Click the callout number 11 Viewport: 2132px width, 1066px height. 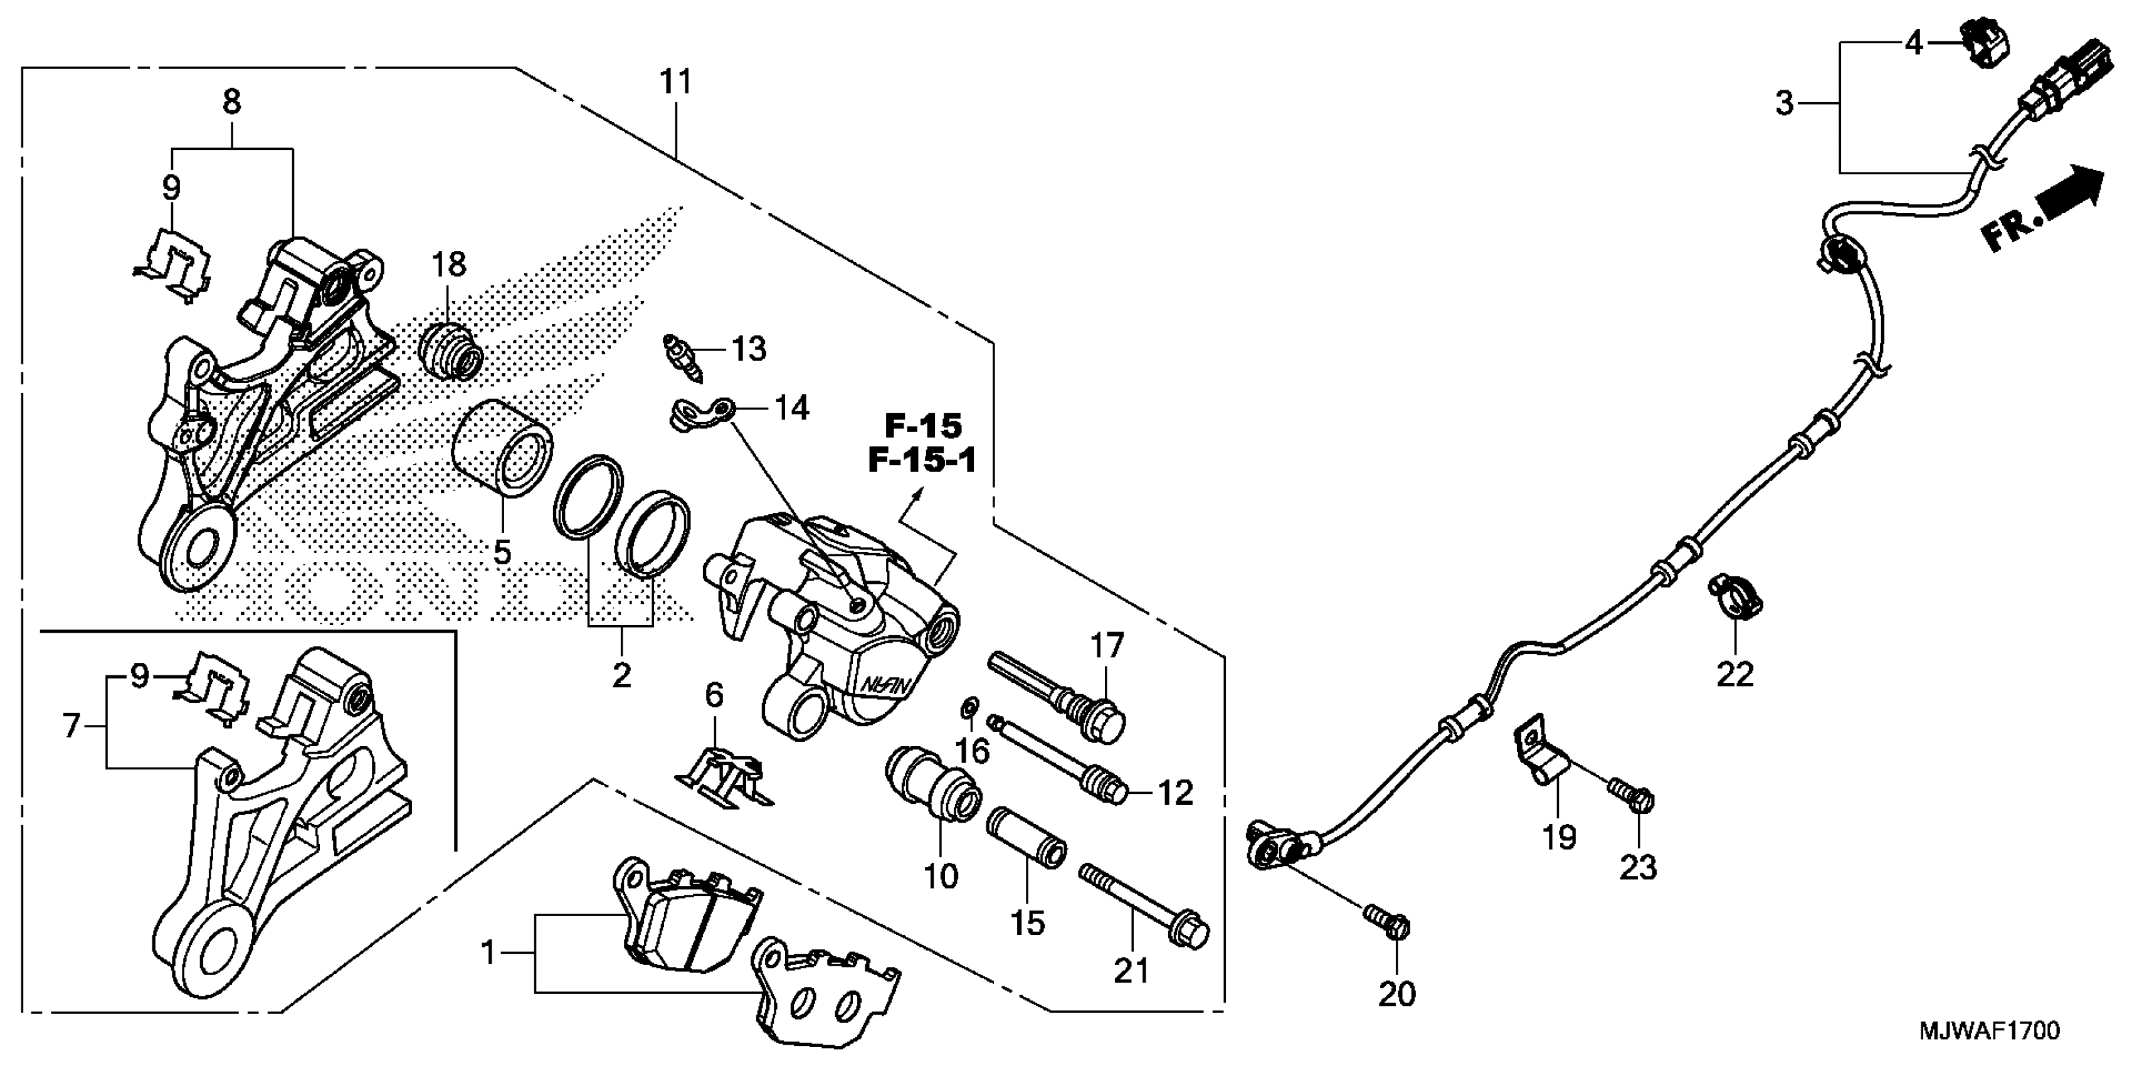[x=675, y=83]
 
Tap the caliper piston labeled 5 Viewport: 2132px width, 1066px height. [x=503, y=448]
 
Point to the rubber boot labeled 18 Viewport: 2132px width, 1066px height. [x=452, y=352]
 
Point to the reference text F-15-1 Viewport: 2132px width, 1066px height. [x=922, y=460]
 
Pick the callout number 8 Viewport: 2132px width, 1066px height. [x=232, y=102]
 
